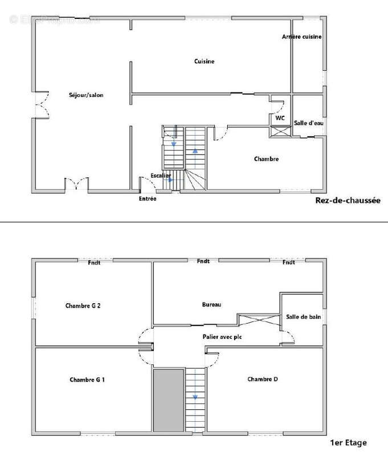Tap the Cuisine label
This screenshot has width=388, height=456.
204,62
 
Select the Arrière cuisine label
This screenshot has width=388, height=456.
302,36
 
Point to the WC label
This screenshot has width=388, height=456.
280,119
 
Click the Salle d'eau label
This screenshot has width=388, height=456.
308,123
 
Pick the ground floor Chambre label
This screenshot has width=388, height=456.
266,159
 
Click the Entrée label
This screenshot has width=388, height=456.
148,198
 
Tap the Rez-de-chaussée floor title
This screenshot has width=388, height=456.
348,201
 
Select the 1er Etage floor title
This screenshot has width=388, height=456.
349,442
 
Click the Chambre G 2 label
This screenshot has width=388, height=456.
83,306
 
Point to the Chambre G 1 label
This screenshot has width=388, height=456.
87,380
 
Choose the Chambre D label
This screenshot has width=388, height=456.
263,379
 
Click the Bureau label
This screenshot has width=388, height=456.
211,304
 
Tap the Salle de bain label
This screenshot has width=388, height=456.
303,317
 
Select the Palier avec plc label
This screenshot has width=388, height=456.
222,337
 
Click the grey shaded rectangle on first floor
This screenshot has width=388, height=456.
168,400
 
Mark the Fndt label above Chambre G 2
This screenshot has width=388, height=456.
95,262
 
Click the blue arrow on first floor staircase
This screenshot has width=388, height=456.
195,397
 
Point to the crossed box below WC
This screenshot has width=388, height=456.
280,131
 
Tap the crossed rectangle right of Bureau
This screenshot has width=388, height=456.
258,320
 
